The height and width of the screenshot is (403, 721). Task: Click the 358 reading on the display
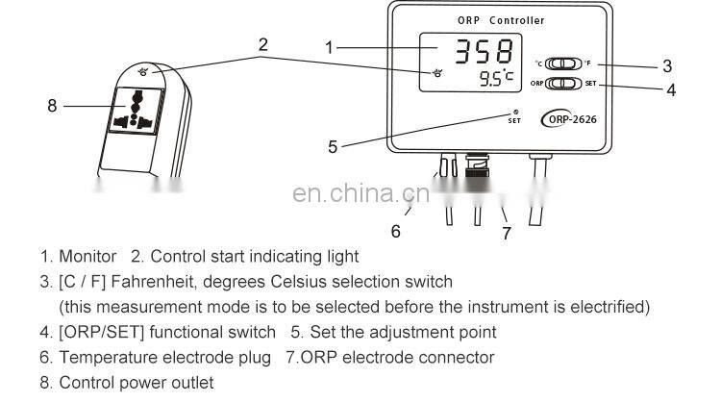pyautogui.click(x=484, y=52)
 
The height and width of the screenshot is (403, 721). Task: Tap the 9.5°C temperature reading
pyautogui.click(x=496, y=79)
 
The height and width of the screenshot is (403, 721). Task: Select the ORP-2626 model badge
pyautogui.click(x=575, y=120)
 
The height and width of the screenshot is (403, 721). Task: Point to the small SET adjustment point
pyautogui.click(x=514, y=117)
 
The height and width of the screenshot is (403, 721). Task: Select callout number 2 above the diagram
pyautogui.click(x=262, y=43)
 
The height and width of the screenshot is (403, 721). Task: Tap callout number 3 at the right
pyautogui.click(x=666, y=66)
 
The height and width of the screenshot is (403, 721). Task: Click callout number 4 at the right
pyautogui.click(x=670, y=89)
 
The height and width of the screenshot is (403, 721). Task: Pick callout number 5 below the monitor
pyautogui.click(x=333, y=146)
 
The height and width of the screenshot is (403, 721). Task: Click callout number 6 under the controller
pyautogui.click(x=395, y=230)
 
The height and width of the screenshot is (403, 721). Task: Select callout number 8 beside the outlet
pyautogui.click(x=52, y=105)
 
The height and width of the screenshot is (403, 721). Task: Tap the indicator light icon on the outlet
pyautogui.click(x=143, y=69)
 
